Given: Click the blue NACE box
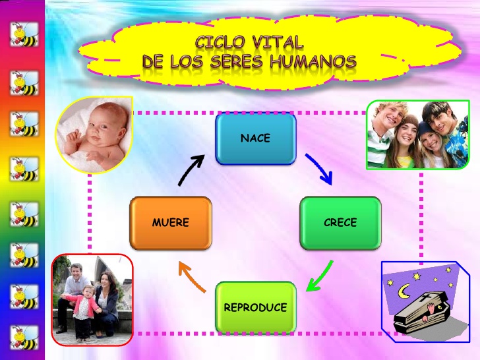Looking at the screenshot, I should [255, 138].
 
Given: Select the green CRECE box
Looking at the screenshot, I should [340, 223].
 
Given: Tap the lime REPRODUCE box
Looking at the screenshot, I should [255, 307].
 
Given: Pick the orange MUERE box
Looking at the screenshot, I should [171, 223].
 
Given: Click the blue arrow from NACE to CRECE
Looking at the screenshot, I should [318, 168].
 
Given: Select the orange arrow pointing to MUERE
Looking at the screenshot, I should [192, 277].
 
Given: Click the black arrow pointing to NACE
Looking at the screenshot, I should [191, 169].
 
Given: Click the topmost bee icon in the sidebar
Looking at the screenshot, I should [24, 32].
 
